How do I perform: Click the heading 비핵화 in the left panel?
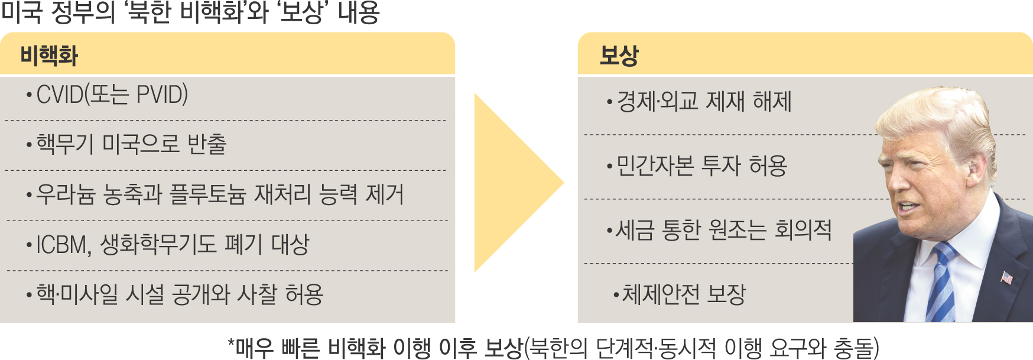pos(49,56)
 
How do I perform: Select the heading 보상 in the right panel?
pos(619,56)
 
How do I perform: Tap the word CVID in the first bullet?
pos(60,95)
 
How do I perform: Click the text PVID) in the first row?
pos(162,95)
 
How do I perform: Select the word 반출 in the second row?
pos(207,144)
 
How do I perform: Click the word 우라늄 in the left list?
pos(66,194)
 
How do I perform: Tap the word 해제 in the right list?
pos(772,102)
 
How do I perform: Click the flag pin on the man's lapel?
pos(1006,277)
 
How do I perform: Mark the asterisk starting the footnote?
pos(232,343)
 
